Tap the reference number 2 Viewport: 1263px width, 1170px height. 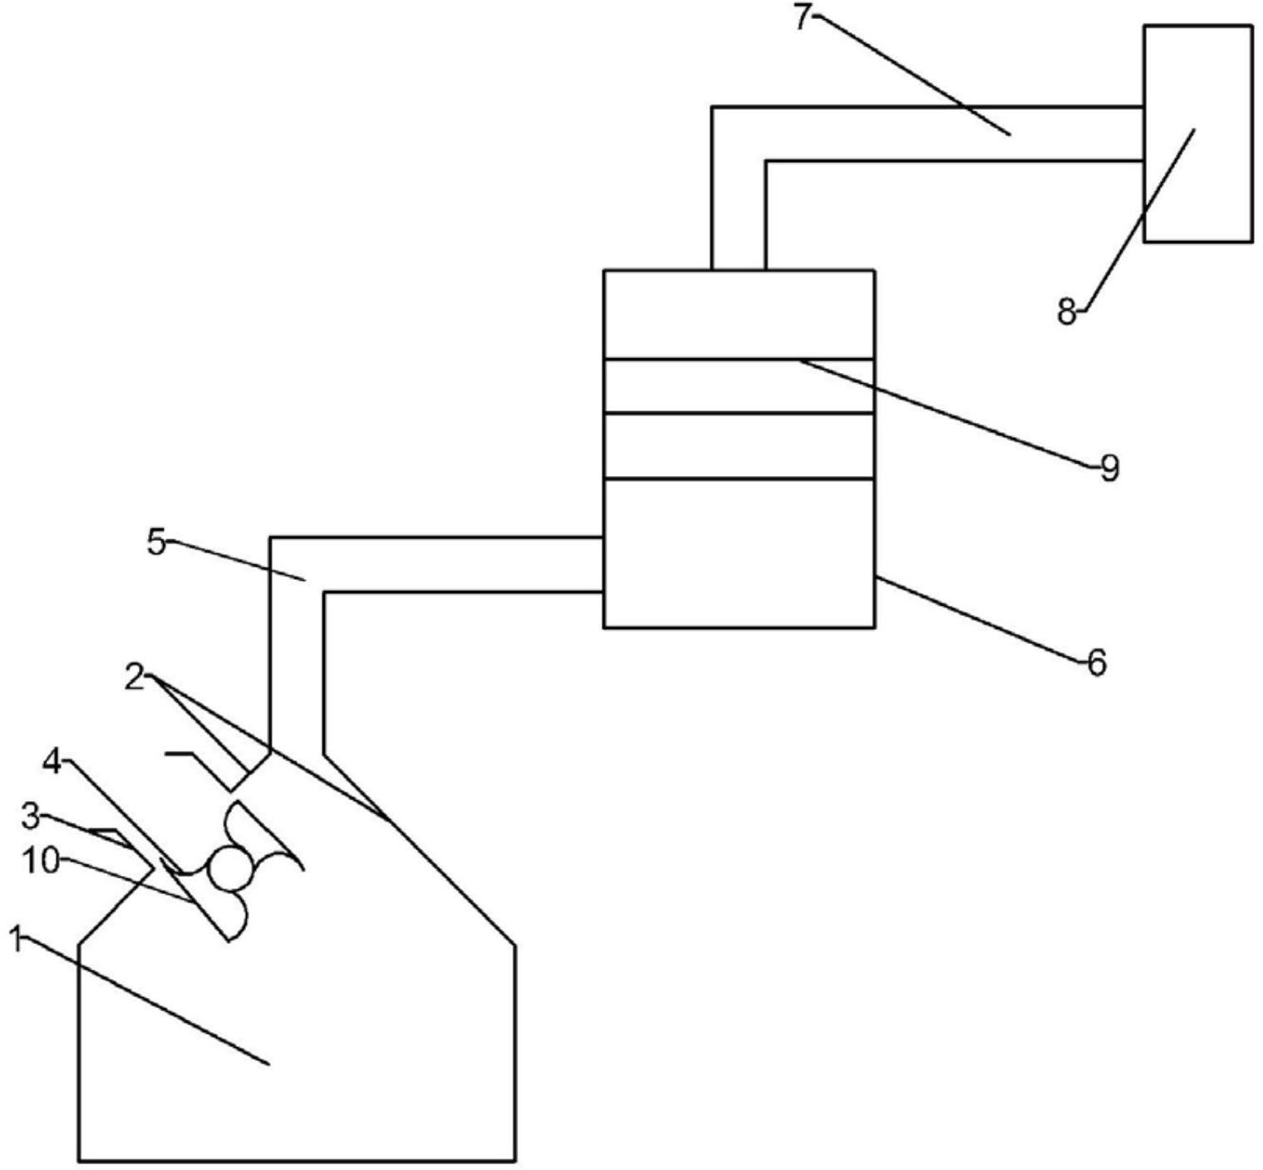[x=135, y=678]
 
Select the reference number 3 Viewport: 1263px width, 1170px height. [x=31, y=817]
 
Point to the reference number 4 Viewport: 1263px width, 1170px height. [x=52, y=761]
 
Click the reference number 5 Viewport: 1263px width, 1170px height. [x=156, y=543]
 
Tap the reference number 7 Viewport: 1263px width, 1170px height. [x=801, y=17]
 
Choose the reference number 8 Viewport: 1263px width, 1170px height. [x=1067, y=313]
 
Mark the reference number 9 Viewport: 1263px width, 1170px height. [x=1110, y=469]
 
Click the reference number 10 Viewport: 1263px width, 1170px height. [x=40, y=861]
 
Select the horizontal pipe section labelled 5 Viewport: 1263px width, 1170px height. [x=457, y=565]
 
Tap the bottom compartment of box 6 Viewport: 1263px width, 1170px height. [x=738, y=553]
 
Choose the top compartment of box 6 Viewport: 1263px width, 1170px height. [x=738, y=314]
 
